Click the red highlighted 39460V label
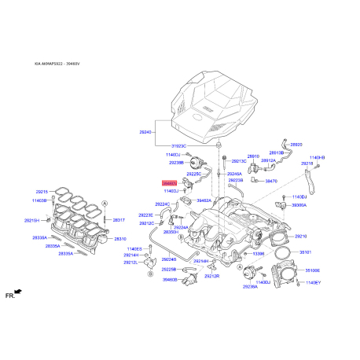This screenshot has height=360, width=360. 169,182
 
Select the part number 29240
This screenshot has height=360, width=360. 145,133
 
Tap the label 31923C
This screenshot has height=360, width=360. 180,145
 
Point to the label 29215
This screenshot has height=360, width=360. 42,192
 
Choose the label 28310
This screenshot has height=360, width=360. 120,238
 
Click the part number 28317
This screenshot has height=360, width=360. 119,220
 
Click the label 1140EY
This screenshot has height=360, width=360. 313,282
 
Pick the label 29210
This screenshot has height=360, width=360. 300,236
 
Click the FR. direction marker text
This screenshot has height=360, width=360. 10,296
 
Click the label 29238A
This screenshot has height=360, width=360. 250,287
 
